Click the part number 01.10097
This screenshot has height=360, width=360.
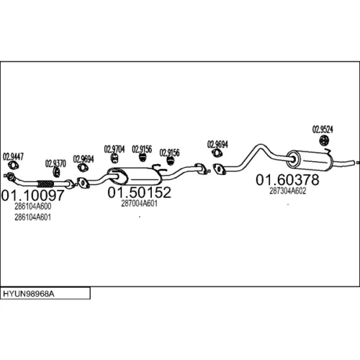click(32, 195)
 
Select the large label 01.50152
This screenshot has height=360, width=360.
click(139, 192)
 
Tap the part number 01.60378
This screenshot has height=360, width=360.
click(287, 180)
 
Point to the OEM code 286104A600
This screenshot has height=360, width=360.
click(33, 207)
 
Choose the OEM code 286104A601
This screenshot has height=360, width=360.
click(33, 217)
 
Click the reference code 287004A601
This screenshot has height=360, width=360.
click(139, 204)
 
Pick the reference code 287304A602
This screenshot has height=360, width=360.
click(288, 191)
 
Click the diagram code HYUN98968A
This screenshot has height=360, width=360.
click(29, 294)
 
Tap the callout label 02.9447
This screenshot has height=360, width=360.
click(13, 157)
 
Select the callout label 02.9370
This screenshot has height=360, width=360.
click(55, 163)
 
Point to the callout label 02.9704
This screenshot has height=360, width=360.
click(114, 149)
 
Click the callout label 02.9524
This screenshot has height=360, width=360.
click(323, 130)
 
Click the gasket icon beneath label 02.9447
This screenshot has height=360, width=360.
click(14, 166)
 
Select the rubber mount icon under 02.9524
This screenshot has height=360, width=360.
click(325, 140)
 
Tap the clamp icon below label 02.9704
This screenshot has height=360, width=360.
click(115, 158)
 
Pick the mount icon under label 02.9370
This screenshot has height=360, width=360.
click(56, 172)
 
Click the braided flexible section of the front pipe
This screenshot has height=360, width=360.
click(45, 184)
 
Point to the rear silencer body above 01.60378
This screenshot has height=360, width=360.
click(310, 161)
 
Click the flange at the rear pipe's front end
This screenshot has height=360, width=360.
click(219, 168)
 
